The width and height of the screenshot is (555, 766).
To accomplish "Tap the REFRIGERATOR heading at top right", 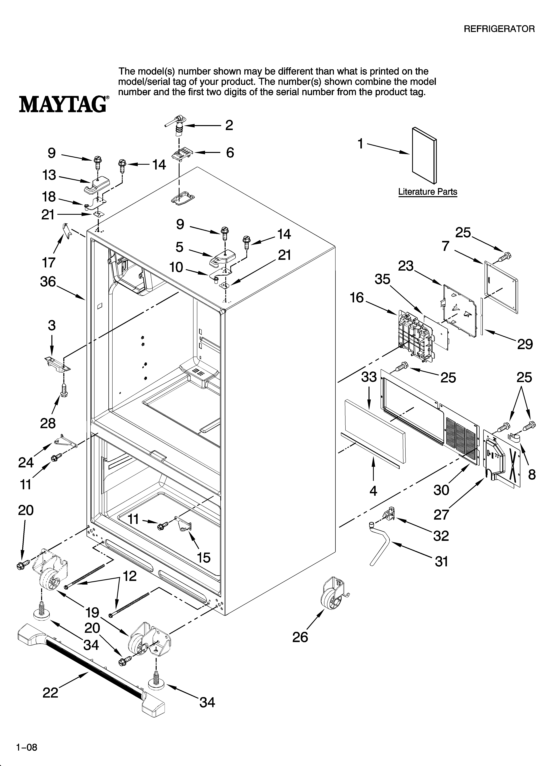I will [499, 29].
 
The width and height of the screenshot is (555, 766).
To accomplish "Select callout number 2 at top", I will [229, 125].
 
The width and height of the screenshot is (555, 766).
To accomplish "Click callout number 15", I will [204, 558].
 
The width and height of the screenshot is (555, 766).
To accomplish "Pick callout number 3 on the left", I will [51, 326].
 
